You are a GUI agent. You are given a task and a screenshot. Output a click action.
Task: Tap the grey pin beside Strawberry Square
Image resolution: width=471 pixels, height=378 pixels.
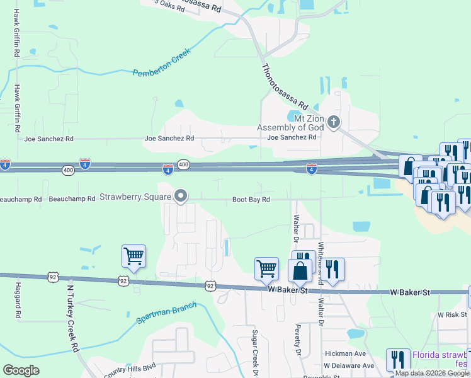click(181, 197)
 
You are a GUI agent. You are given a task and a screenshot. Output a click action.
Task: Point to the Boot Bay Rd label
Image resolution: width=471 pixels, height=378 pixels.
click(251, 200)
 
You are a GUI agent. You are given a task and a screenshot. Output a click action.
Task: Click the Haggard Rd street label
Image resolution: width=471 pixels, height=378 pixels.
click(17, 299)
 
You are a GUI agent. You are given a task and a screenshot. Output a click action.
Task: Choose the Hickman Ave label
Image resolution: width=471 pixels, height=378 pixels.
click(346, 354)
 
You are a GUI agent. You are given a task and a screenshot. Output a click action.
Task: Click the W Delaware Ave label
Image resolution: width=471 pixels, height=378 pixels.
click(349, 365)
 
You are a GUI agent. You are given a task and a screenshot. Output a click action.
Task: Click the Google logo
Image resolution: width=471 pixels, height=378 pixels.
click(21, 370)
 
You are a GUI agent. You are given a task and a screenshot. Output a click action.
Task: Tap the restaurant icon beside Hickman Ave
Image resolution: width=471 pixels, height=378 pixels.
click(398, 360)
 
